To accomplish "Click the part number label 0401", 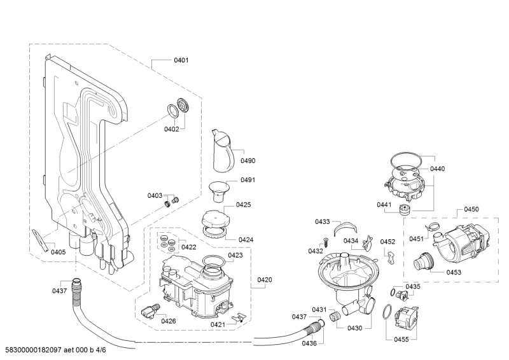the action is click(x=181, y=60).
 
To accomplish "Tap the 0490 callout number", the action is click(x=248, y=161).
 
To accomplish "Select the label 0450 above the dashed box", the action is click(x=471, y=209).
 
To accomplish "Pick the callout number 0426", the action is click(x=169, y=321).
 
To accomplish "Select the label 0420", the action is click(x=265, y=280).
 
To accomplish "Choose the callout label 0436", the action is click(x=309, y=343).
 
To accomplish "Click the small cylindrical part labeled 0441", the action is click(x=405, y=209).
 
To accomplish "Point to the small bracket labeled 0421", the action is click(x=239, y=317).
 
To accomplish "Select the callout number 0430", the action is click(x=354, y=328).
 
